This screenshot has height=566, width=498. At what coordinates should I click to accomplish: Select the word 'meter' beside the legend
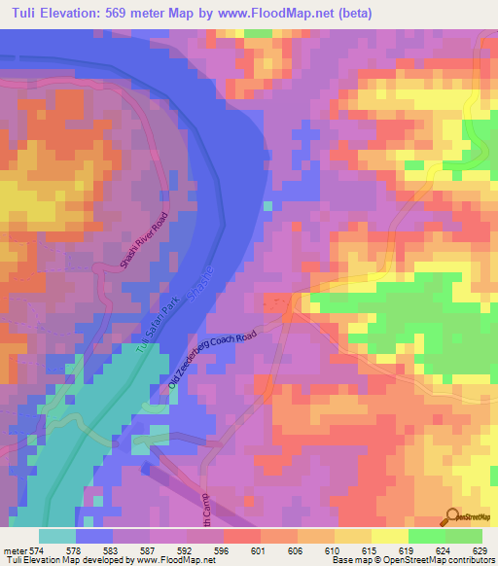(x=14, y=549)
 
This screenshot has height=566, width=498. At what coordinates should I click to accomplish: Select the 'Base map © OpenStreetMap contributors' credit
(x=412, y=560)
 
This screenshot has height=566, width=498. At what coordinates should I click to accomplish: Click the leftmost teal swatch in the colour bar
(x=56, y=536)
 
